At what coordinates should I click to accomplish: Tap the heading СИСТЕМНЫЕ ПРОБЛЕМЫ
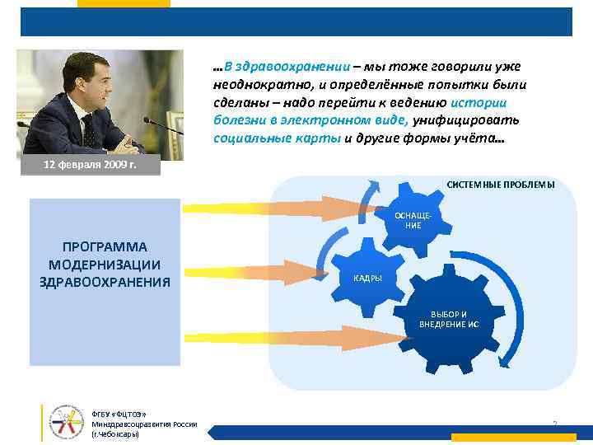point(500,185)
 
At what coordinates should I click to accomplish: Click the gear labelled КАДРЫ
point(370,276)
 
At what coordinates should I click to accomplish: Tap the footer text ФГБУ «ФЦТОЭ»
point(114,414)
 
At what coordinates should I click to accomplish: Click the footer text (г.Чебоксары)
point(115,433)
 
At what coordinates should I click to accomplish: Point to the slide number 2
point(554,424)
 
